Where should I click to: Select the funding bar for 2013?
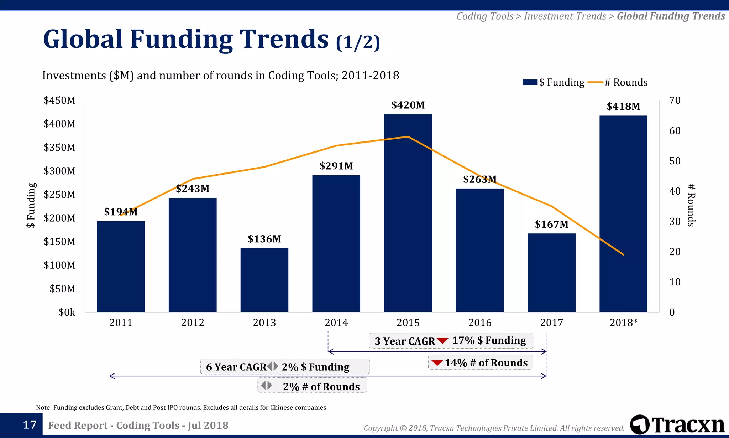264,280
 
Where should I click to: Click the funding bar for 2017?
551,273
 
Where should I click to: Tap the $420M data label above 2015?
408,105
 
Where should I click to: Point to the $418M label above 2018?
623,107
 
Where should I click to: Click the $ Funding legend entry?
554,82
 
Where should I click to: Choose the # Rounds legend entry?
618,82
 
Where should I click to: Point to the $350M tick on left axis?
59,148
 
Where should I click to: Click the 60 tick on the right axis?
675,131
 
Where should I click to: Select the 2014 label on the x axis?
336,323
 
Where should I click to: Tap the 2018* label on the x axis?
623,323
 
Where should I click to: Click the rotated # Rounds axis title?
691,206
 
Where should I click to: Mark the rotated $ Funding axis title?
31,206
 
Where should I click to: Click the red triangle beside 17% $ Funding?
442,341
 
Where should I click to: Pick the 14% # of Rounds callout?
480,363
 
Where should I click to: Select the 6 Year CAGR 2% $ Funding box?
285,367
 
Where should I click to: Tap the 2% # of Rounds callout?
312,386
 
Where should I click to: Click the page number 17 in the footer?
30,425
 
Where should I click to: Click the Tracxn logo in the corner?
677,425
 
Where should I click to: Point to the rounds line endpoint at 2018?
623,254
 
